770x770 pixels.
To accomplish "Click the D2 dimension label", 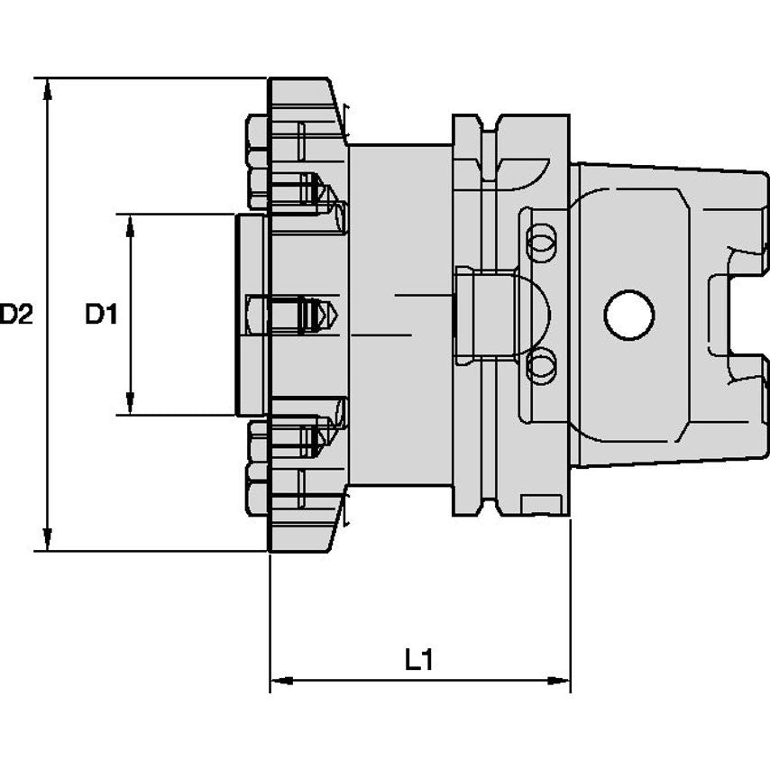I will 17,315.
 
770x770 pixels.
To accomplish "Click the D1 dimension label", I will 102,315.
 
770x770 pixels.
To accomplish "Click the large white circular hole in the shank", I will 628,315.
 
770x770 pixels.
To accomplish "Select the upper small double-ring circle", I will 540,240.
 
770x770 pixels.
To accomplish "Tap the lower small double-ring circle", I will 540,365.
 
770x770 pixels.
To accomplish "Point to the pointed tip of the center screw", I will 335,315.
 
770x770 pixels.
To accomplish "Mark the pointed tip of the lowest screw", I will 335,438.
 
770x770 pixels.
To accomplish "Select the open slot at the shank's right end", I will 748,315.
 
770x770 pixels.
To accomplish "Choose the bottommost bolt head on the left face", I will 256,497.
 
